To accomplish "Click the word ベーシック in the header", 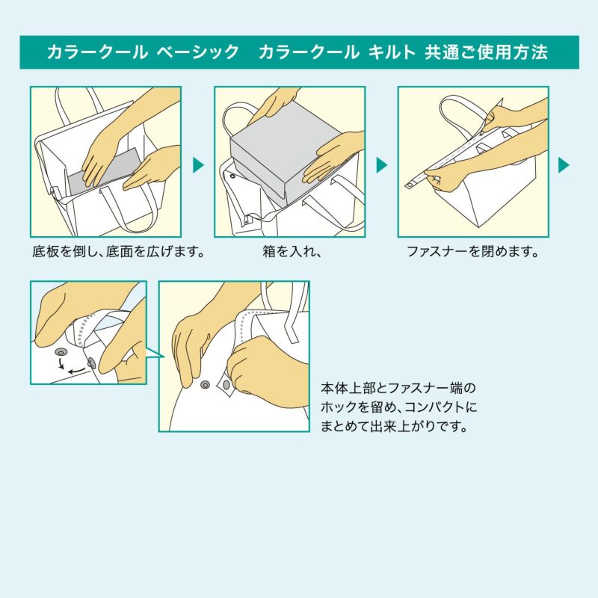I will [198, 53].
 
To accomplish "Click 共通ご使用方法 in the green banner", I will [486, 53].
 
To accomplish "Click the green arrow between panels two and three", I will [381, 165].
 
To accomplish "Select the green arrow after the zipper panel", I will [564, 165].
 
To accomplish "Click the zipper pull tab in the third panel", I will [412, 182].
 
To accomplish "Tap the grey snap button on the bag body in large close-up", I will [205, 384].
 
